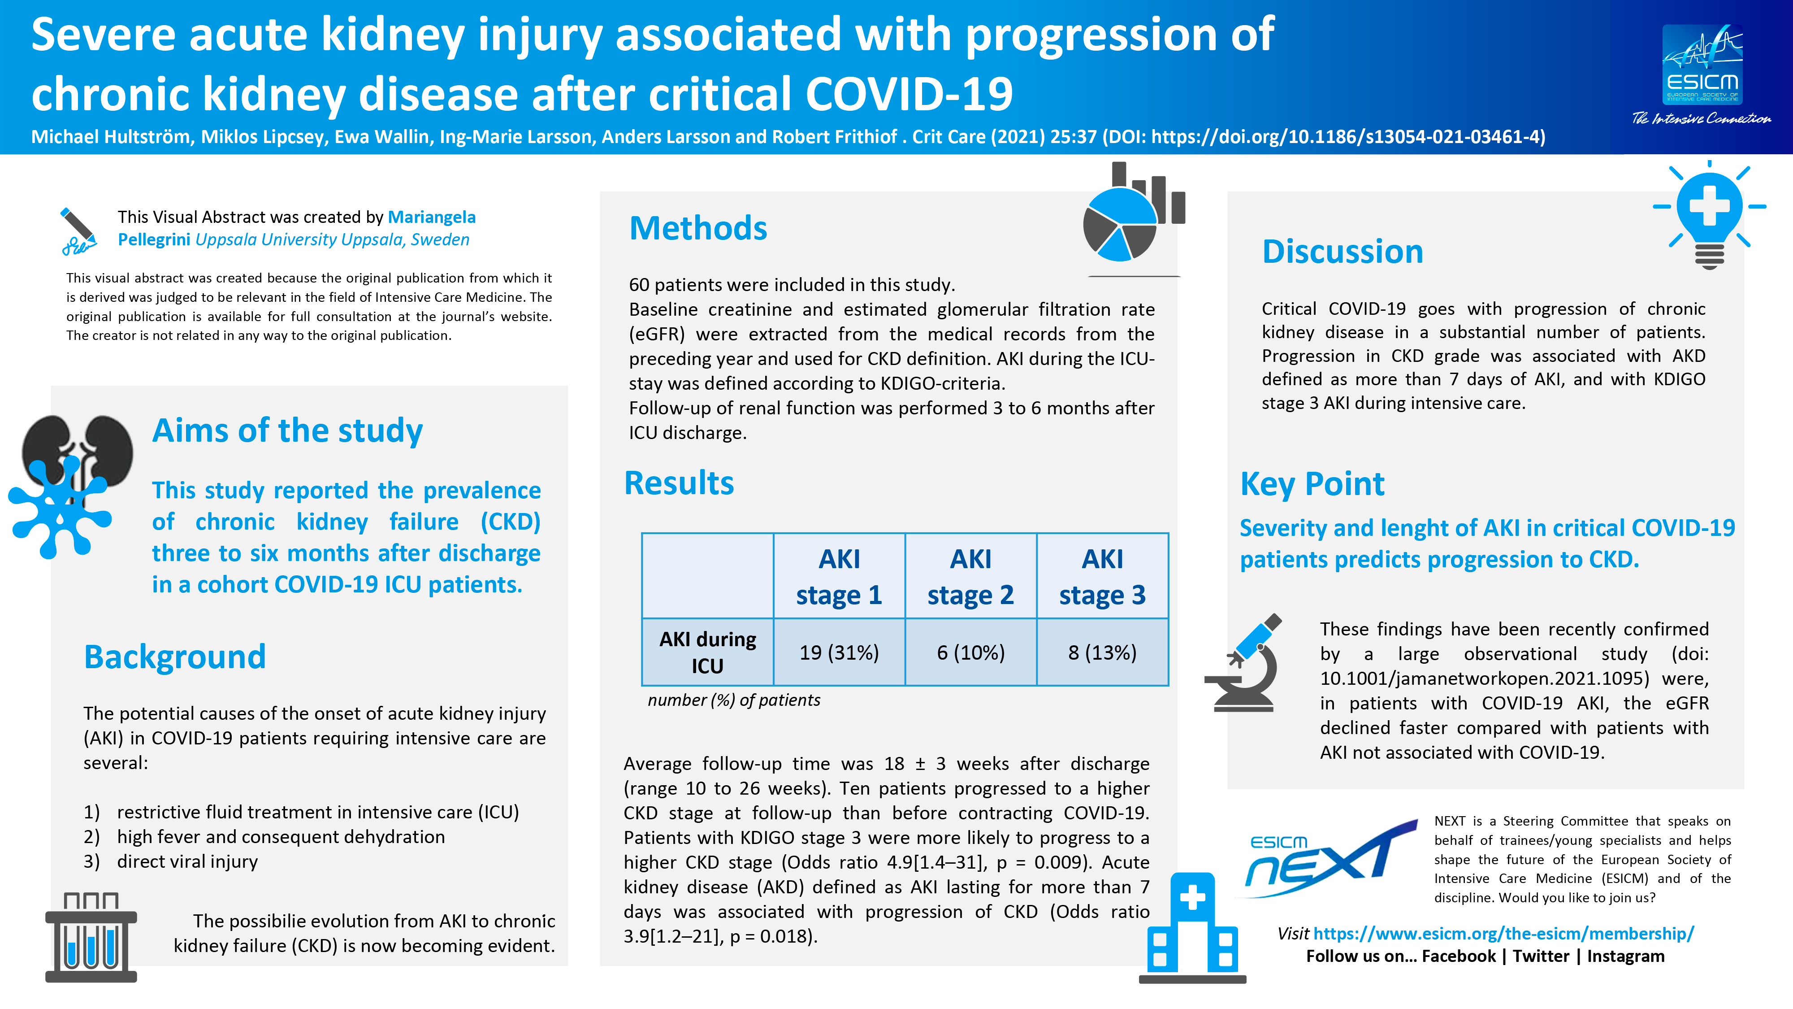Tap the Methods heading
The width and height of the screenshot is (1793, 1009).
coord(697,228)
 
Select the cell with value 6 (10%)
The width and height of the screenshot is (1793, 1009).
coord(971,652)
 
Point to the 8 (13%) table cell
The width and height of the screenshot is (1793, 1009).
coord(1103,652)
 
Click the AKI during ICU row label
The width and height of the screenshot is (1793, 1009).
coord(707,652)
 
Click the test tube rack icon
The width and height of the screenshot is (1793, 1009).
coord(91,937)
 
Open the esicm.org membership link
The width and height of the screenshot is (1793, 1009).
coord(1503,933)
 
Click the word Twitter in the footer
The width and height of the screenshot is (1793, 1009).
coord(1541,956)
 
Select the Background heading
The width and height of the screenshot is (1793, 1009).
coord(175,657)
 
